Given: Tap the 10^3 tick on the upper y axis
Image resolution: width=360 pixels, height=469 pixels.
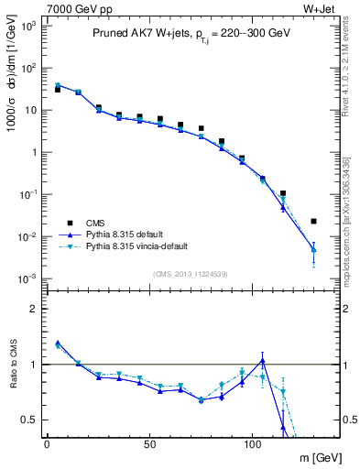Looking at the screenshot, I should (x=28, y=26).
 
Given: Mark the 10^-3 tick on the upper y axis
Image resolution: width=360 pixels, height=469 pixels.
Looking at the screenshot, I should (x=28, y=278).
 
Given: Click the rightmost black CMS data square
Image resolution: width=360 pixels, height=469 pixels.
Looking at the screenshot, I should (x=314, y=221).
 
